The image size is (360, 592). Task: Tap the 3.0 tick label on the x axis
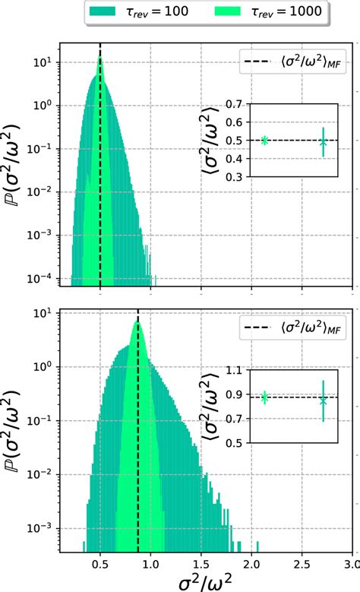coord(351,564)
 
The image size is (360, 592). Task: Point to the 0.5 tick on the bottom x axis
coord(100,564)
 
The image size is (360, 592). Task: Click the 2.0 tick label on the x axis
coord(251,564)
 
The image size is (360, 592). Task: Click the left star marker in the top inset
coord(264,140)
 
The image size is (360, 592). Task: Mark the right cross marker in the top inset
coord(323,142)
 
